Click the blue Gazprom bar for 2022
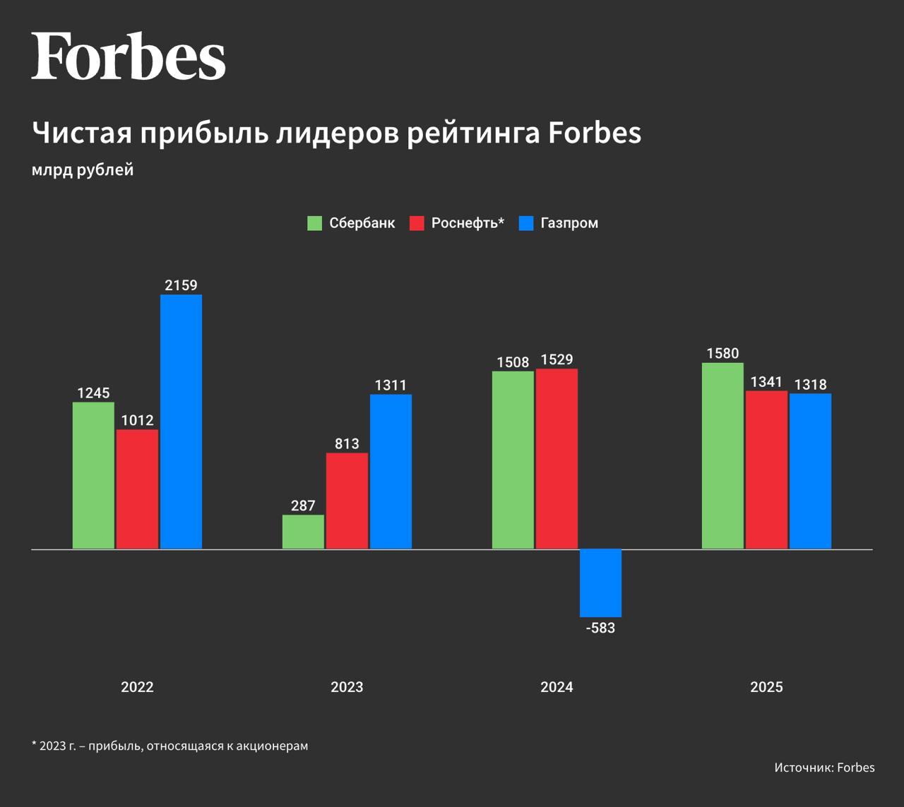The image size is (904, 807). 181,422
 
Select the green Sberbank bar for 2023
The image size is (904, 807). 303,532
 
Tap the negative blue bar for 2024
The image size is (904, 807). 600,582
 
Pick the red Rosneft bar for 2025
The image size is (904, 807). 766,470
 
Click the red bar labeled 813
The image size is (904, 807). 347,501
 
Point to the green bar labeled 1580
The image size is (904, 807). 722,455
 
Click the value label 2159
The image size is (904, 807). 181,285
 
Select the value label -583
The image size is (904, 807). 600,628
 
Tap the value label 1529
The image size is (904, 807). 557,359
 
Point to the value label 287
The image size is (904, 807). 303,506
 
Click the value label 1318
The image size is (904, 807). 810,385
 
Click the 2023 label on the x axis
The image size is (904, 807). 347,687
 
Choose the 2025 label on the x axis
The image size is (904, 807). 766,687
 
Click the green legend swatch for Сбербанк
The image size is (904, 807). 315,223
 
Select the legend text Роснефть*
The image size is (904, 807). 468,223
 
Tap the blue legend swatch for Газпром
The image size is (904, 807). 526,223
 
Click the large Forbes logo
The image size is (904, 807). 128,56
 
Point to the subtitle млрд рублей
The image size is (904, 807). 83,170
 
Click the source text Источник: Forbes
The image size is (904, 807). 824,767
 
